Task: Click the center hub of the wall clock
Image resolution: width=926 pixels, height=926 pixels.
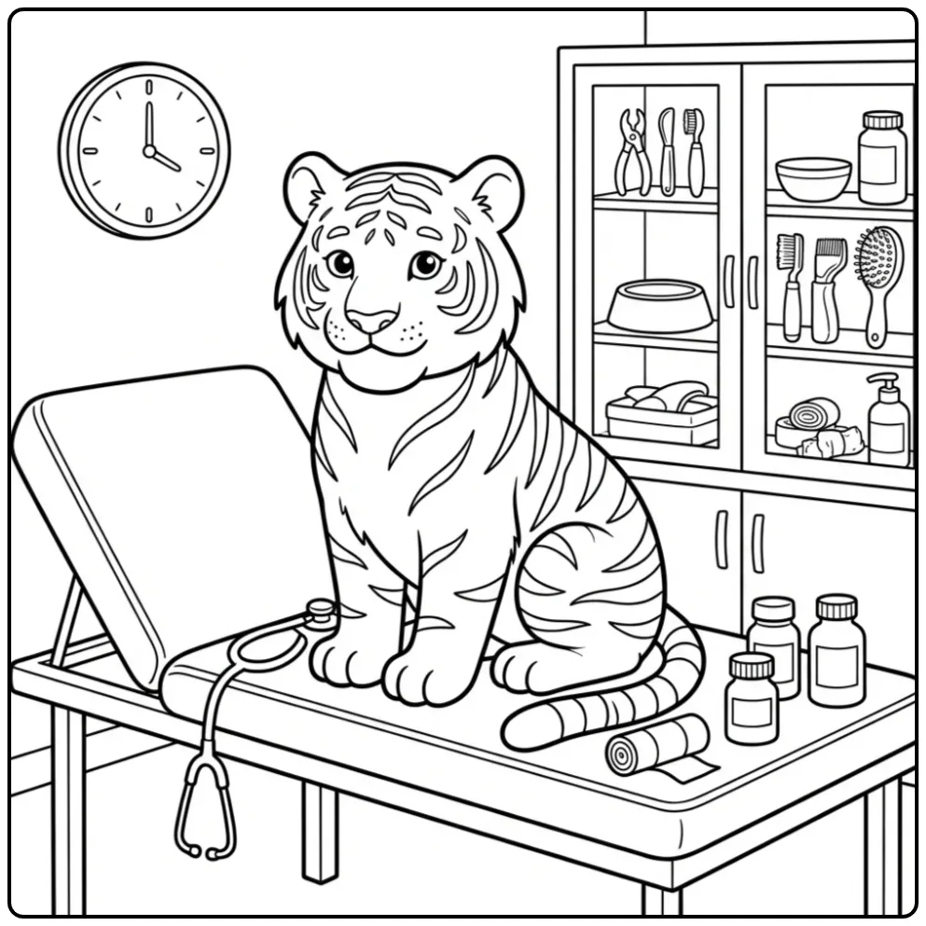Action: click(147, 149)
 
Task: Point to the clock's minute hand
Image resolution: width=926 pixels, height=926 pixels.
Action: click(147, 117)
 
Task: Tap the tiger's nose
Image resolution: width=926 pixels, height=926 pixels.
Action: click(372, 319)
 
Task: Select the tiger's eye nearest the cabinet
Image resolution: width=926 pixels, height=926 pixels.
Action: click(425, 264)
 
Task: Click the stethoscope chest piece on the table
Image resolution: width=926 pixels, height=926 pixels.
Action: click(320, 612)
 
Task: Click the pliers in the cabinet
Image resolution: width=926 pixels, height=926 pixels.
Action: click(632, 149)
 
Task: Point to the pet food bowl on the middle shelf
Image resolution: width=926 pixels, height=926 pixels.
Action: click(659, 306)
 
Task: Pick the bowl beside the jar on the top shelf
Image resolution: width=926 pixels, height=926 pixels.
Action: click(812, 177)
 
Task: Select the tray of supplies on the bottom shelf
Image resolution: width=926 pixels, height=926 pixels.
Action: click(661, 413)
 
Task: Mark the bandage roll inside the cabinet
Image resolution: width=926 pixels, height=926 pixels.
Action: click(813, 414)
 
